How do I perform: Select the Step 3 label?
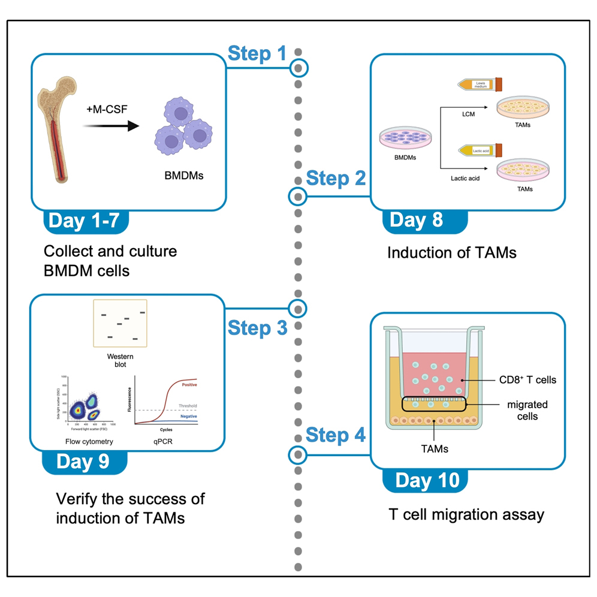(x=257, y=328)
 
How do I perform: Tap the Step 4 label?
(x=336, y=435)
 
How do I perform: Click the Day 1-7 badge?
(x=88, y=221)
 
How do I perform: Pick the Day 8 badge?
(x=416, y=219)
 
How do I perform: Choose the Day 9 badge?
(x=83, y=462)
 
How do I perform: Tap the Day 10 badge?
(x=427, y=480)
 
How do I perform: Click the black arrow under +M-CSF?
(x=110, y=126)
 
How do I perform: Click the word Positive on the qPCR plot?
(x=189, y=384)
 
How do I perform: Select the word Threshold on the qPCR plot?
(x=187, y=406)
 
